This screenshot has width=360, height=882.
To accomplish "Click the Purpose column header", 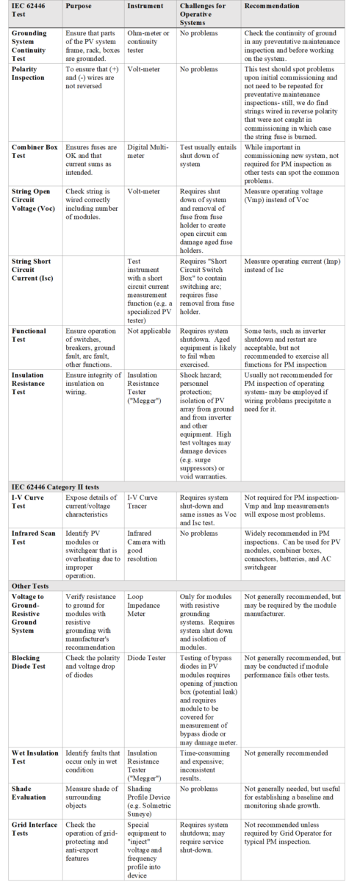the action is coord(78,6).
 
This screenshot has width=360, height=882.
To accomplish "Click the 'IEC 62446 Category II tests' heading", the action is coord(55,487).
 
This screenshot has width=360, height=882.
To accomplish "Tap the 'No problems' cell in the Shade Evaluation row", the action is coord(198,788).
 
